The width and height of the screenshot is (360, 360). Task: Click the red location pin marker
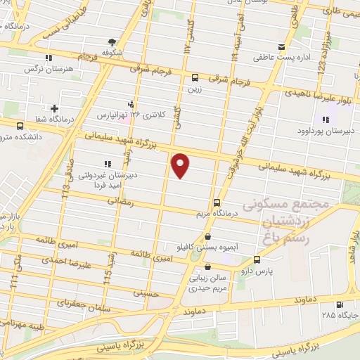point(181,165)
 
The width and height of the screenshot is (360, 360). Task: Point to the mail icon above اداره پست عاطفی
point(281,48)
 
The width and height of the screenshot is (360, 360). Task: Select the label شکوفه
point(112,52)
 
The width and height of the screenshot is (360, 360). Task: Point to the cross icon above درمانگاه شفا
point(54,108)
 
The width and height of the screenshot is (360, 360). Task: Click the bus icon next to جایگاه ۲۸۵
point(341,304)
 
